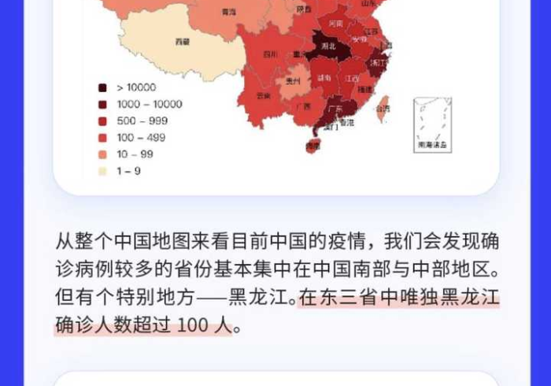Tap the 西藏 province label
click(x=182, y=39)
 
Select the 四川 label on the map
click(x=270, y=54)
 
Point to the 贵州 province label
click(x=293, y=80)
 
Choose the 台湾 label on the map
click(x=383, y=108)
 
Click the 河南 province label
click(x=336, y=24)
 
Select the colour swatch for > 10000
click(x=102, y=87)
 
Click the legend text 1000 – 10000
click(x=149, y=104)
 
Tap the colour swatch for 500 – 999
click(x=102, y=121)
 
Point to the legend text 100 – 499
click(x=142, y=138)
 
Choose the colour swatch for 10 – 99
click(x=102, y=154)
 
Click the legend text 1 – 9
click(x=129, y=171)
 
